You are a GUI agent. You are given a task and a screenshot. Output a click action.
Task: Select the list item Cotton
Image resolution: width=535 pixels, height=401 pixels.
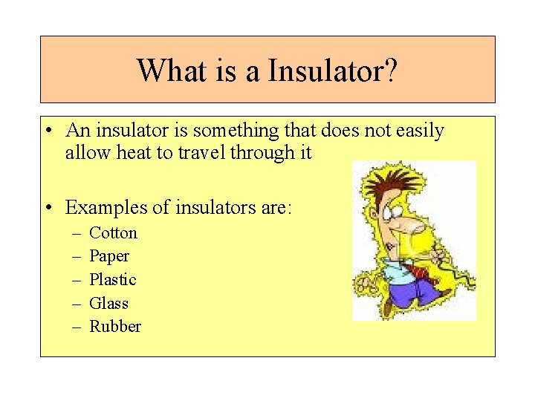click(x=113, y=233)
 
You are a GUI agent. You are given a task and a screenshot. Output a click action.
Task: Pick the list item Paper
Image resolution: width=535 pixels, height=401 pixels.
click(x=109, y=257)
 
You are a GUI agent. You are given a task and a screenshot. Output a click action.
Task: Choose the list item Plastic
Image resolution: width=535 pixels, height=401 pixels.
click(x=113, y=280)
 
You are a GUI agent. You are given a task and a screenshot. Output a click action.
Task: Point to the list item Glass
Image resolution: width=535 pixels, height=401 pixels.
click(x=108, y=304)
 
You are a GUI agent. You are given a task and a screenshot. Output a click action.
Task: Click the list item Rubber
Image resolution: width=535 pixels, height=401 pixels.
click(x=115, y=327)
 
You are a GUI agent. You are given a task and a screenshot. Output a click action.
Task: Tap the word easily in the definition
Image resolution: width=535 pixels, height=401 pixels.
click(x=418, y=131)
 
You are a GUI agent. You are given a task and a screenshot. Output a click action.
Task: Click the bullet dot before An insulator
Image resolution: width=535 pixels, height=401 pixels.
click(x=47, y=131)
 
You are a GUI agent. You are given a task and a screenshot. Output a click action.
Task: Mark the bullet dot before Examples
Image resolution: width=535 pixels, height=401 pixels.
click(x=47, y=207)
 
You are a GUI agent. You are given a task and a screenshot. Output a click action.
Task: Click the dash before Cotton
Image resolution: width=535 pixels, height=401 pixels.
click(x=77, y=233)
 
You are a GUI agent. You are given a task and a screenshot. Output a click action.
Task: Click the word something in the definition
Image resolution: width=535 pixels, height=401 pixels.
click(x=236, y=131)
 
